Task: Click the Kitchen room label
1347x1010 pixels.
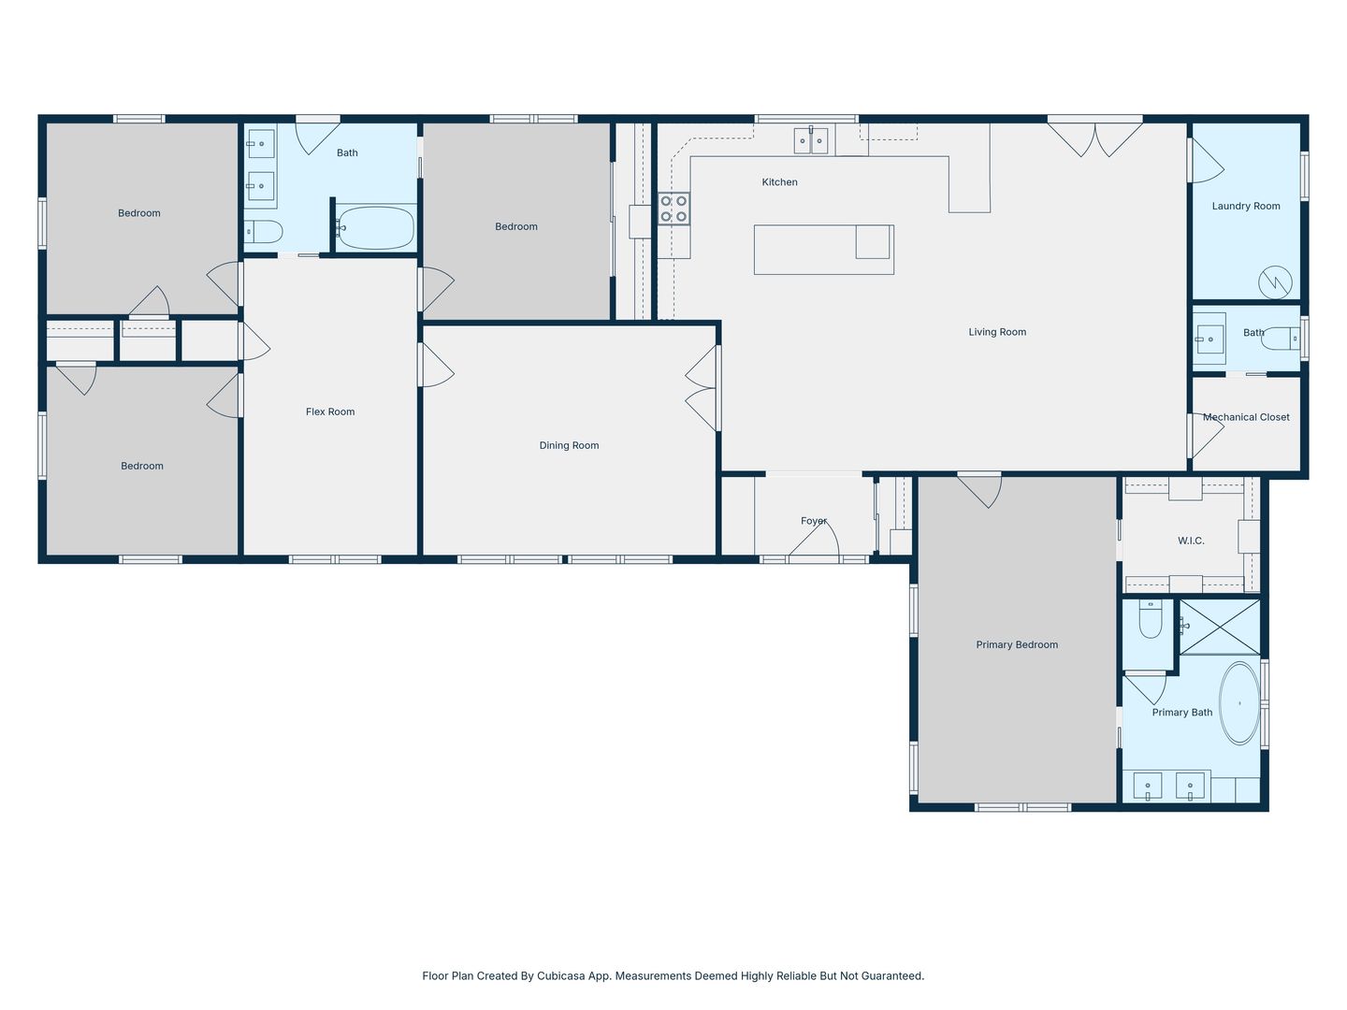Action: coord(779,182)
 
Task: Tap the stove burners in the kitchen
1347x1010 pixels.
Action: coord(673,209)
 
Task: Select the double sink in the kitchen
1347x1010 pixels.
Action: coord(811,140)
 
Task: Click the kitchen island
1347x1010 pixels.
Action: coord(823,250)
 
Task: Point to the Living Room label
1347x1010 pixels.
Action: coord(997,332)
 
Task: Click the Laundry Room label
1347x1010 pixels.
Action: coord(1246,206)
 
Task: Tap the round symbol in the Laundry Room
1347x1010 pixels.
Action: coord(1275,282)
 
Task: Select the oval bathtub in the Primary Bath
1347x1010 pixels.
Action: coord(1239,702)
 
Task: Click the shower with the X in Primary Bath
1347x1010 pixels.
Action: coord(1220,627)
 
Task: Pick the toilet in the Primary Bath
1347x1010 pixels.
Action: coord(1150,619)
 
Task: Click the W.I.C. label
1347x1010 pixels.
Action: coord(1191,541)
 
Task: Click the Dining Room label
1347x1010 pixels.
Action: coord(569,445)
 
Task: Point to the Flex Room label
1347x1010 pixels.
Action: coord(330,411)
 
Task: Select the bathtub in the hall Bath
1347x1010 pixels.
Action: coord(375,227)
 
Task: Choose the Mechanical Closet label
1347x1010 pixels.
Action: coord(1246,417)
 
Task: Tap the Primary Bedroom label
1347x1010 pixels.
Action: coord(1017,644)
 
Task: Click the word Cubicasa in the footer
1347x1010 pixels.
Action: coord(559,975)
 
